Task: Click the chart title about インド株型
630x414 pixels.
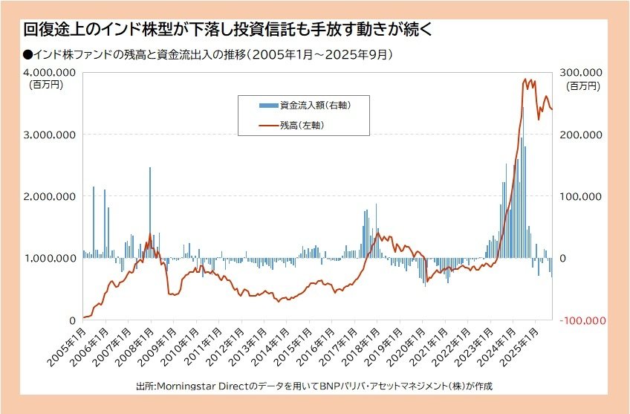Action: pyautogui.click(x=227, y=30)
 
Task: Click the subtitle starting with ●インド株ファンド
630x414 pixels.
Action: pyautogui.click(x=208, y=54)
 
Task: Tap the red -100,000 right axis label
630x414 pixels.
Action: pyautogui.click(x=585, y=320)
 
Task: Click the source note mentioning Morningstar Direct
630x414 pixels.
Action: pyautogui.click(x=314, y=386)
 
